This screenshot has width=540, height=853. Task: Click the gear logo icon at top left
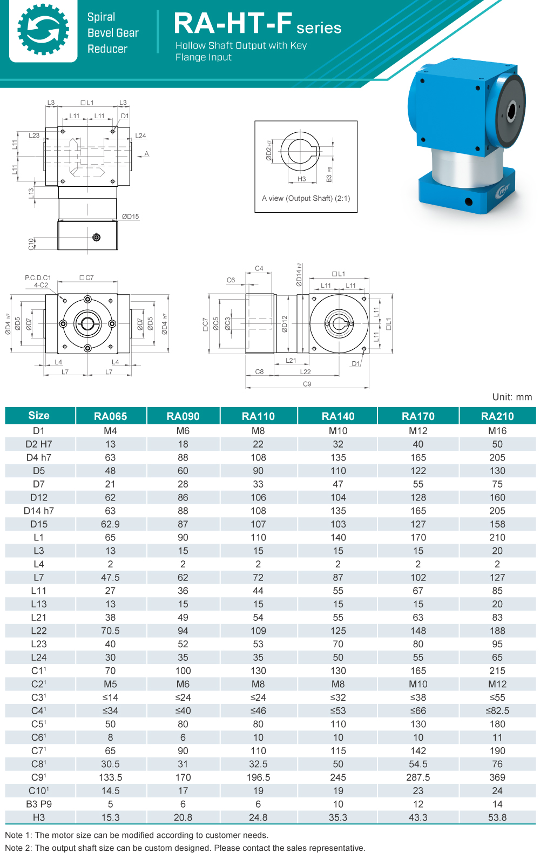click(43, 30)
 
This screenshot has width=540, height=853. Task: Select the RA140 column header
click(338, 416)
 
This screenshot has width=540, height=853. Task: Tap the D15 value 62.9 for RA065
click(110, 524)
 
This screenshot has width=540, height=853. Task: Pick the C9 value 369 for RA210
click(497, 777)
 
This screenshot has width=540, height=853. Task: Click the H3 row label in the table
click(39, 817)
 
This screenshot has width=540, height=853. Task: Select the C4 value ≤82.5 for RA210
click(497, 711)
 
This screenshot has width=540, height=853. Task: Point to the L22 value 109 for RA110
click(258, 631)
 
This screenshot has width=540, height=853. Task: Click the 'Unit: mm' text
click(512, 397)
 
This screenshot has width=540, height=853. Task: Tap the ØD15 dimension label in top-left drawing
click(130, 216)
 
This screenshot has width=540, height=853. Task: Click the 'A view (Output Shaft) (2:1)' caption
click(306, 198)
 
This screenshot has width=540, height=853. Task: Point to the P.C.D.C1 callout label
click(38, 277)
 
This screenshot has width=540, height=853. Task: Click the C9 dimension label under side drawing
click(307, 384)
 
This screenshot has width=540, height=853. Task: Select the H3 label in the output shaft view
click(301, 179)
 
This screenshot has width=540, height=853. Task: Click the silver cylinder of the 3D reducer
click(459, 167)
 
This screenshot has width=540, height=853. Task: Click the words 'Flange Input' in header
click(204, 57)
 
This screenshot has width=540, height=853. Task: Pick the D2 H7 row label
click(39, 444)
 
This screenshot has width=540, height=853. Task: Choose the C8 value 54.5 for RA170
click(418, 764)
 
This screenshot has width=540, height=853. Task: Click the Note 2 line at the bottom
click(185, 848)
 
